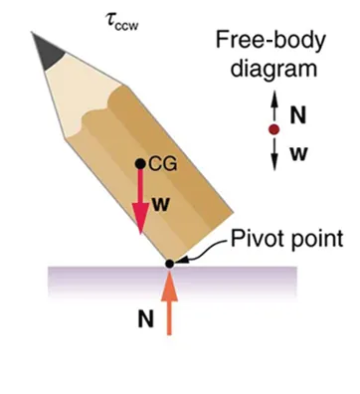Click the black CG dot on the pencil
coord(140,165)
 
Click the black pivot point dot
coord(170,263)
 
